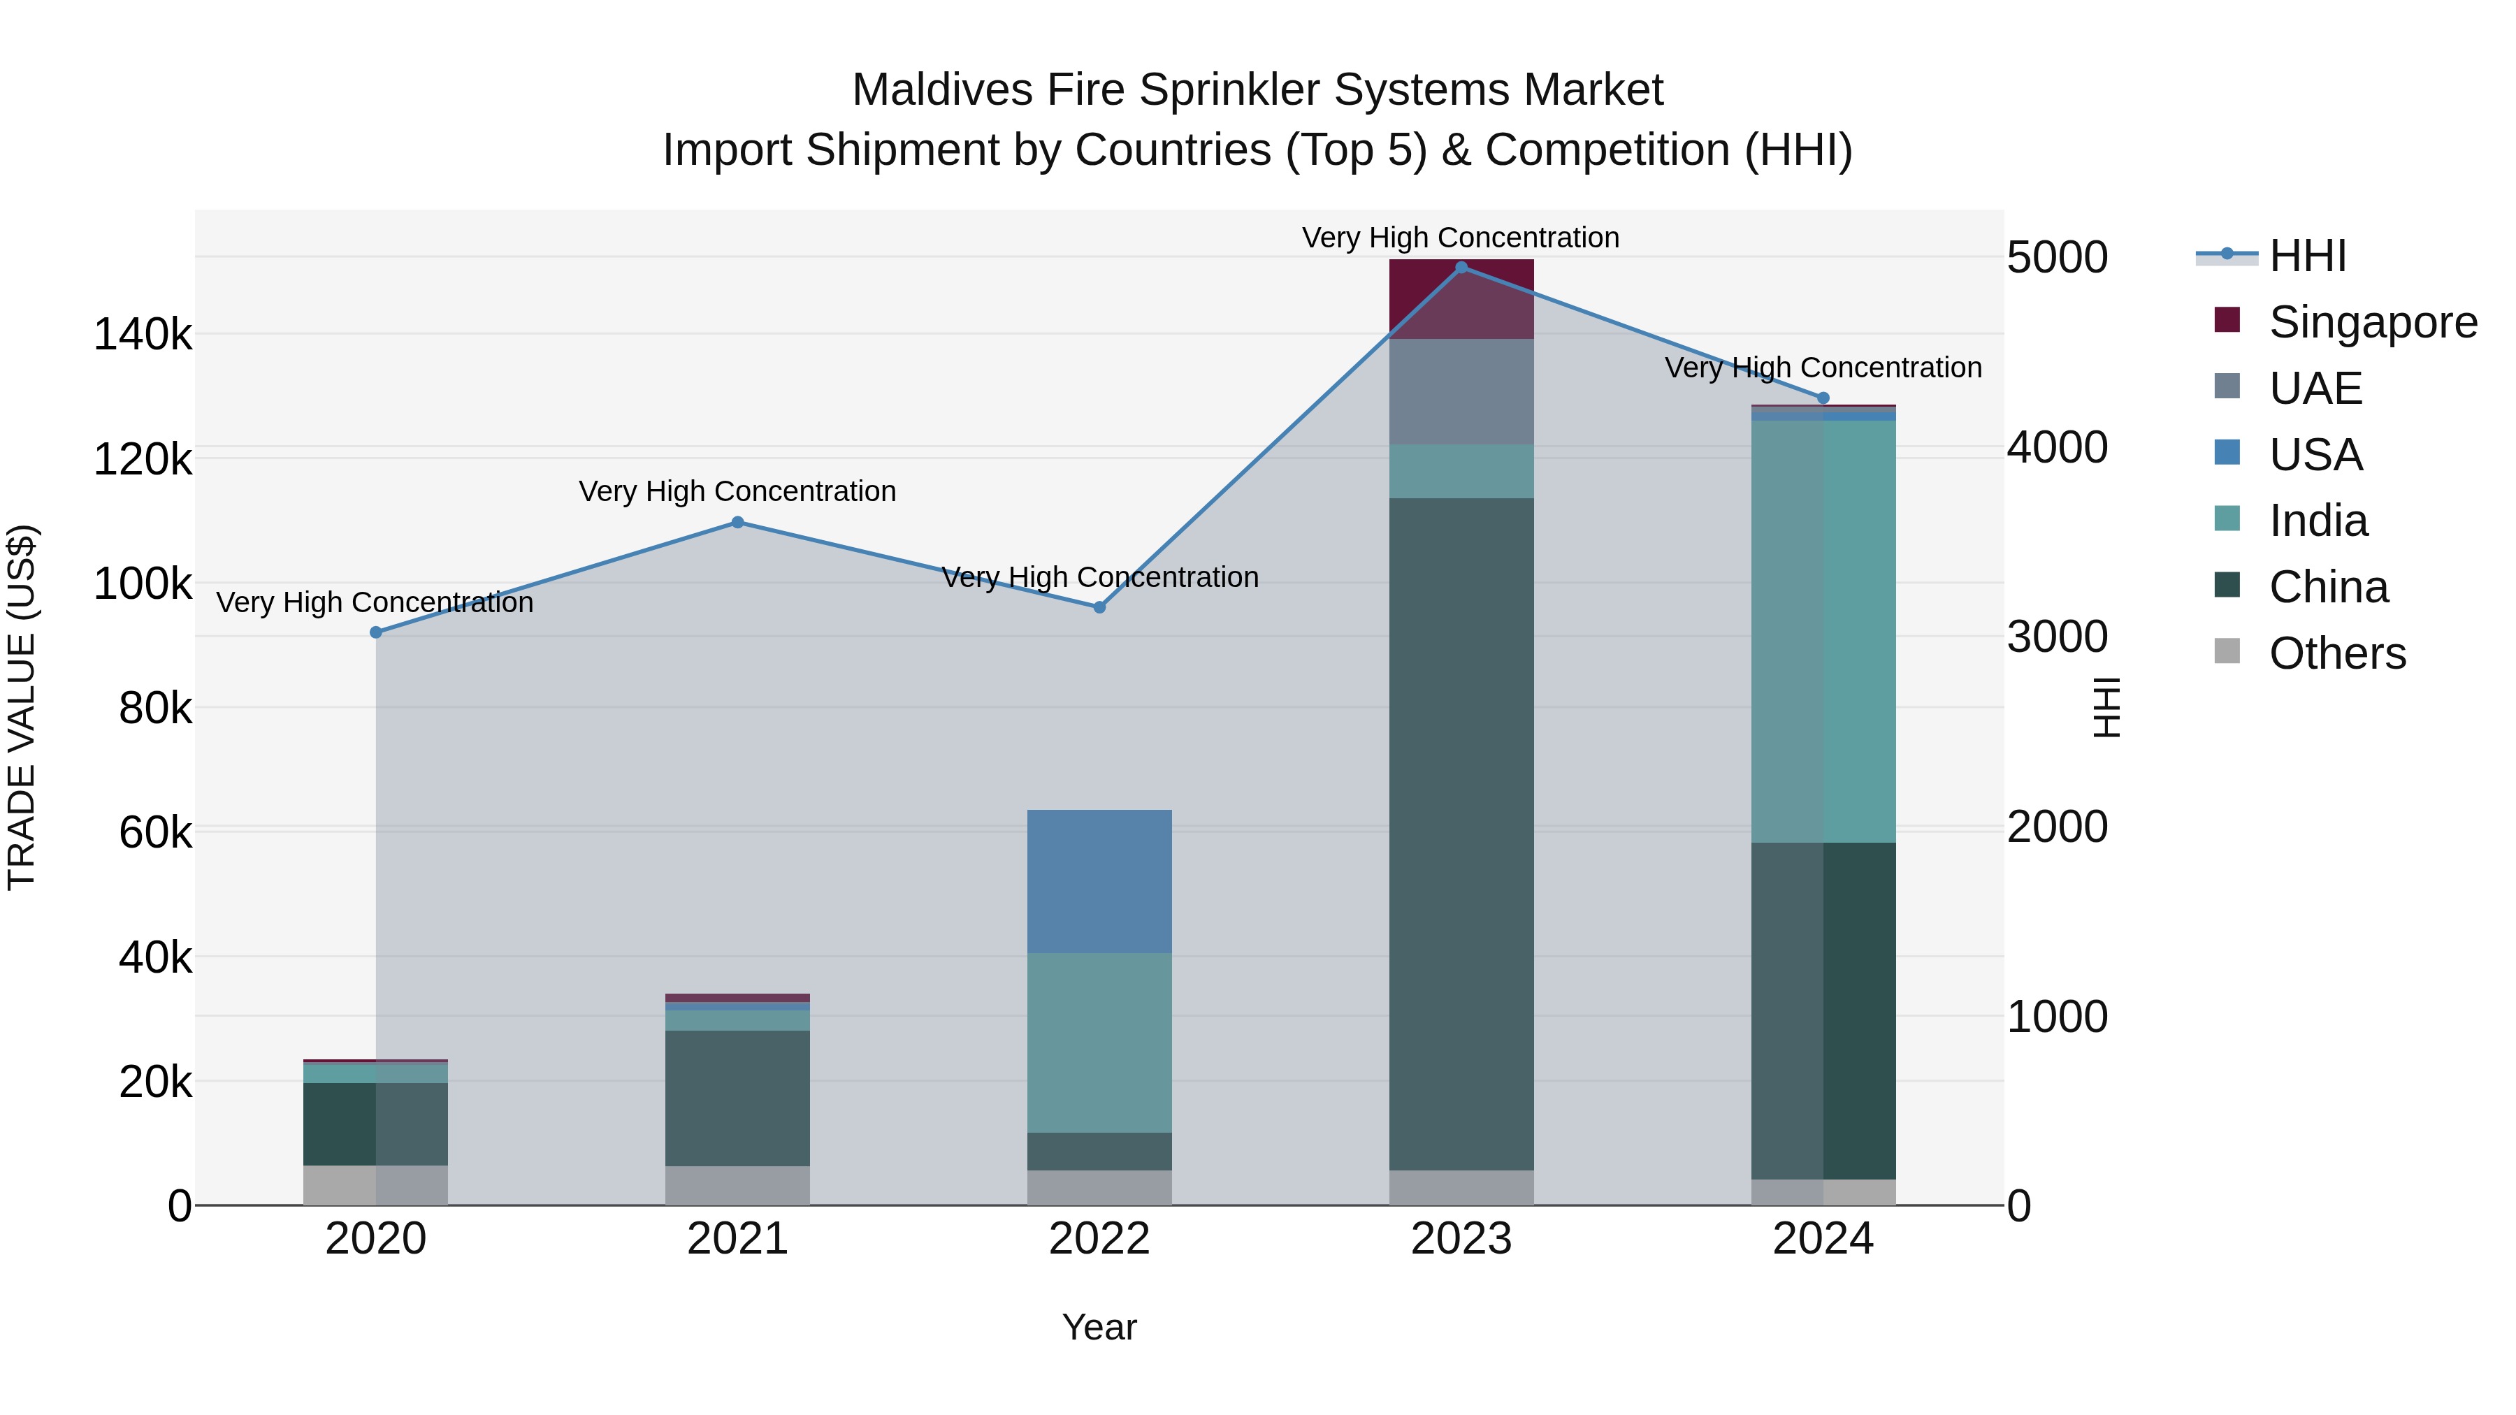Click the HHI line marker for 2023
(x=1461, y=267)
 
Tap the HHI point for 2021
(x=737, y=523)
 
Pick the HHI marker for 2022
(x=1100, y=607)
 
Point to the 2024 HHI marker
(x=1823, y=398)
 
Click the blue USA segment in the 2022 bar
(x=1100, y=881)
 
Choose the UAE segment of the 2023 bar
(x=1461, y=391)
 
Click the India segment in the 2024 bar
(x=1823, y=631)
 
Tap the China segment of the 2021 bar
(x=737, y=1098)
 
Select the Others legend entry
(x=2337, y=653)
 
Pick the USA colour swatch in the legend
(x=2227, y=453)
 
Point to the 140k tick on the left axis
(x=143, y=335)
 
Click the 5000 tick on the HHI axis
(x=2057, y=258)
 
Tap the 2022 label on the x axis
(x=1100, y=1239)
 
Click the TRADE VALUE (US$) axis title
(x=22, y=707)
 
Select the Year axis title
(x=1100, y=1327)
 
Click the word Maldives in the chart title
(x=941, y=90)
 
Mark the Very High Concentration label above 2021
(x=737, y=491)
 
